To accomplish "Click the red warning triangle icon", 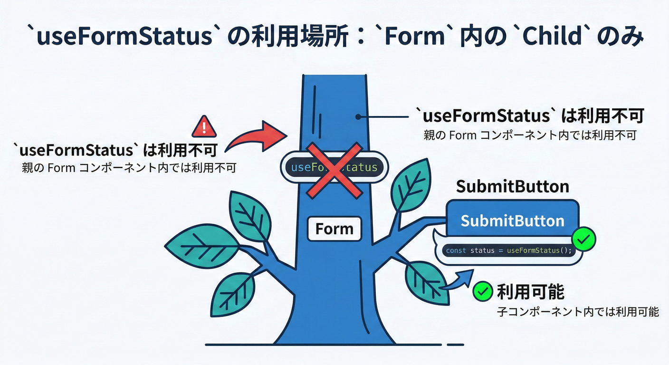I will point(204,127).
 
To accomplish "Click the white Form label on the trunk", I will point(334,229).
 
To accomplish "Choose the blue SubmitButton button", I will point(512,221).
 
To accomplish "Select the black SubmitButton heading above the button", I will point(512,187).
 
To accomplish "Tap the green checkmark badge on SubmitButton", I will point(584,240).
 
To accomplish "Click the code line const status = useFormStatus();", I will point(508,250).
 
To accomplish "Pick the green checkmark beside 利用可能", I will point(483,291).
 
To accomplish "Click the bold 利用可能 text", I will point(530,291).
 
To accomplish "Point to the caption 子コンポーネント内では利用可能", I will point(578,312).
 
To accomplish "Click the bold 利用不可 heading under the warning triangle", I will point(117,150).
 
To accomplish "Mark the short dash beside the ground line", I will point(455,344).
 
